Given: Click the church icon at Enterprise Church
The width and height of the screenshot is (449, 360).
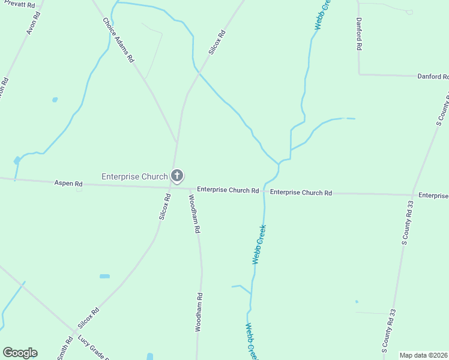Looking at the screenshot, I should [x=177, y=176].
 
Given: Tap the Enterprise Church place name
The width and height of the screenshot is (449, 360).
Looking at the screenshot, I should [x=134, y=176].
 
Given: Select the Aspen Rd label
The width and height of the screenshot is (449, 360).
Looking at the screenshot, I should [x=68, y=183].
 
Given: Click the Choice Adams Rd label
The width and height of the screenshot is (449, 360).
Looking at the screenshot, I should [x=118, y=40].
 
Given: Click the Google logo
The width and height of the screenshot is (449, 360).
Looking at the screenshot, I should [x=20, y=353].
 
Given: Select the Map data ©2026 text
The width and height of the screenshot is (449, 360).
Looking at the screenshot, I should [x=424, y=355].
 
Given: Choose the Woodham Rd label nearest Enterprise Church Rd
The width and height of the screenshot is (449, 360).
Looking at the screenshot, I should [x=194, y=214].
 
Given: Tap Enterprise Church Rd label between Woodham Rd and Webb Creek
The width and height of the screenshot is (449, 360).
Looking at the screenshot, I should [x=228, y=190].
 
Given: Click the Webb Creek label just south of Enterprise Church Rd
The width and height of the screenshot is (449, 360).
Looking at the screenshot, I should [x=259, y=245].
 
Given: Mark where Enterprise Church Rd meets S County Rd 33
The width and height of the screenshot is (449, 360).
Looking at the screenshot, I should [x=412, y=194].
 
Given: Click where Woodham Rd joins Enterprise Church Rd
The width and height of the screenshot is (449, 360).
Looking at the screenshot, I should [x=190, y=188].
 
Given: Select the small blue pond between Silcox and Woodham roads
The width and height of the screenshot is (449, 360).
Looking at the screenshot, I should [x=104, y=276].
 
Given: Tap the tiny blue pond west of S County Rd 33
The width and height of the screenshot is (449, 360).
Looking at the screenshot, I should [x=357, y=301].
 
